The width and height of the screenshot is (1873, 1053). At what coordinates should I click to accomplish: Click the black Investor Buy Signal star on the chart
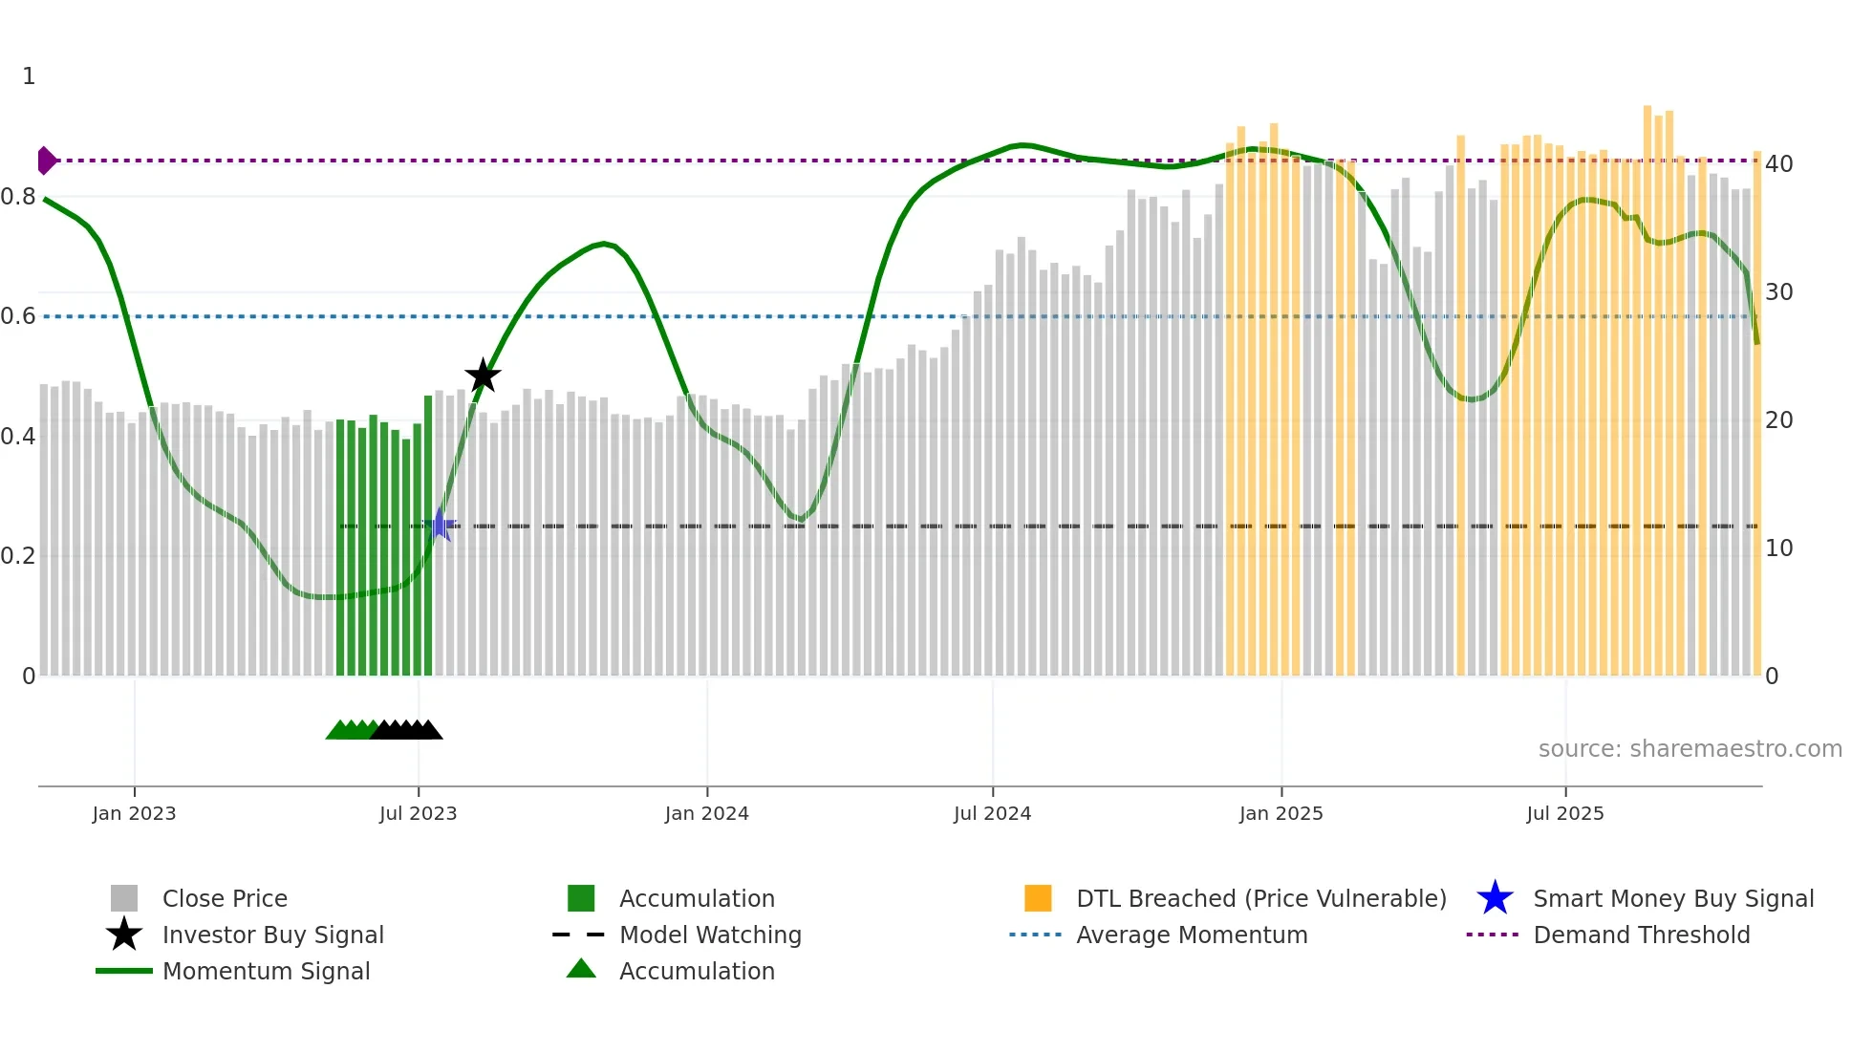483,376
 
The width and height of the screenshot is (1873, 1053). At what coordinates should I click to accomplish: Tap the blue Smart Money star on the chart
441,525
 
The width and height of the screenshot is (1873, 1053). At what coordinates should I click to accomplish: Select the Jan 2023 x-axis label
134,813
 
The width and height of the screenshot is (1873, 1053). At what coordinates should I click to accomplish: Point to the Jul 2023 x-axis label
418,813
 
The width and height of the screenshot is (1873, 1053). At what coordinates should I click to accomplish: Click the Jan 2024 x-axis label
706,813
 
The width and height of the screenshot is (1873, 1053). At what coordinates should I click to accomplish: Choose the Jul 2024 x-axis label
992,813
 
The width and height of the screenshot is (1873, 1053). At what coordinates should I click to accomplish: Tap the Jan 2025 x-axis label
1281,813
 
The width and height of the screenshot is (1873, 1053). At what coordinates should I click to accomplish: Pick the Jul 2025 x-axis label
1564,813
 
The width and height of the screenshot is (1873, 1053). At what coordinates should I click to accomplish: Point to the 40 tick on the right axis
1778,164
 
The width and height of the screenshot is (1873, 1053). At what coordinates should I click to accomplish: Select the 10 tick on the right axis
1778,548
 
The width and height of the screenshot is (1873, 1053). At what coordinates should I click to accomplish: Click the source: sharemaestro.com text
1690,749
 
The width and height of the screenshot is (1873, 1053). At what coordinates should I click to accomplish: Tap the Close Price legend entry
225,898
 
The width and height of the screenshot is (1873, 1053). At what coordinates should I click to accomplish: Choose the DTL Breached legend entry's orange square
1038,898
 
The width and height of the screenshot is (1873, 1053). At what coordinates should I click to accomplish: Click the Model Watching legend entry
710,935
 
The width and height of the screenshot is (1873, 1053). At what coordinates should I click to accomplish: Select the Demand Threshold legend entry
1641,935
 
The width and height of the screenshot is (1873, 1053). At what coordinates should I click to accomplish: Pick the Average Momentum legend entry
1192,935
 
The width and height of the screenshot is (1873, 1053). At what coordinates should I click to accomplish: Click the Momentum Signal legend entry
266,971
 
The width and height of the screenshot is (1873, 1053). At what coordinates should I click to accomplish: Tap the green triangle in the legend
581,969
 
